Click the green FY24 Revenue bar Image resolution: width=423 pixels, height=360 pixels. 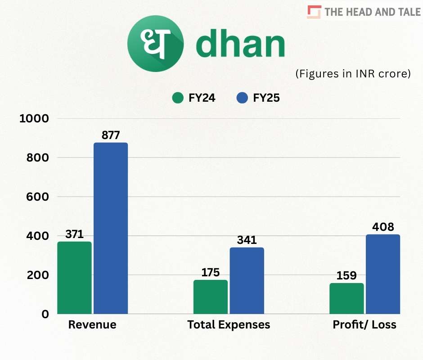click(x=74, y=278)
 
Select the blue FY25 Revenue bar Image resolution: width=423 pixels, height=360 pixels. click(x=111, y=228)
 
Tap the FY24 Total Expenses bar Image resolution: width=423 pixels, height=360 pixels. click(x=211, y=297)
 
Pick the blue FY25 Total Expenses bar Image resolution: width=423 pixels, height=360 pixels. click(x=247, y=281)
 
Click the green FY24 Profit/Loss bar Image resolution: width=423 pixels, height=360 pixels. click(x=346, y=298)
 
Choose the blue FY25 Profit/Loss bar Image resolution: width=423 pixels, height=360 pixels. click(x=383, y=274)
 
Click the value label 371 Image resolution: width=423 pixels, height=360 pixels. click(x=74, y=234)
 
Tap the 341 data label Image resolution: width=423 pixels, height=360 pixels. click(x=247, y=240)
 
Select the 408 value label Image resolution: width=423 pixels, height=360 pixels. click(x=383, y=227)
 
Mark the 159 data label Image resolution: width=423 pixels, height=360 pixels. click(x=346, y=275)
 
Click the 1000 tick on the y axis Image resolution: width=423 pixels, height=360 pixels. click(x=34, y=118)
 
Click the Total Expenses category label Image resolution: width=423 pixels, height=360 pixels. click(x=229, y=324)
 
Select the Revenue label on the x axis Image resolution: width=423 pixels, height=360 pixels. click(x=92, y=324)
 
